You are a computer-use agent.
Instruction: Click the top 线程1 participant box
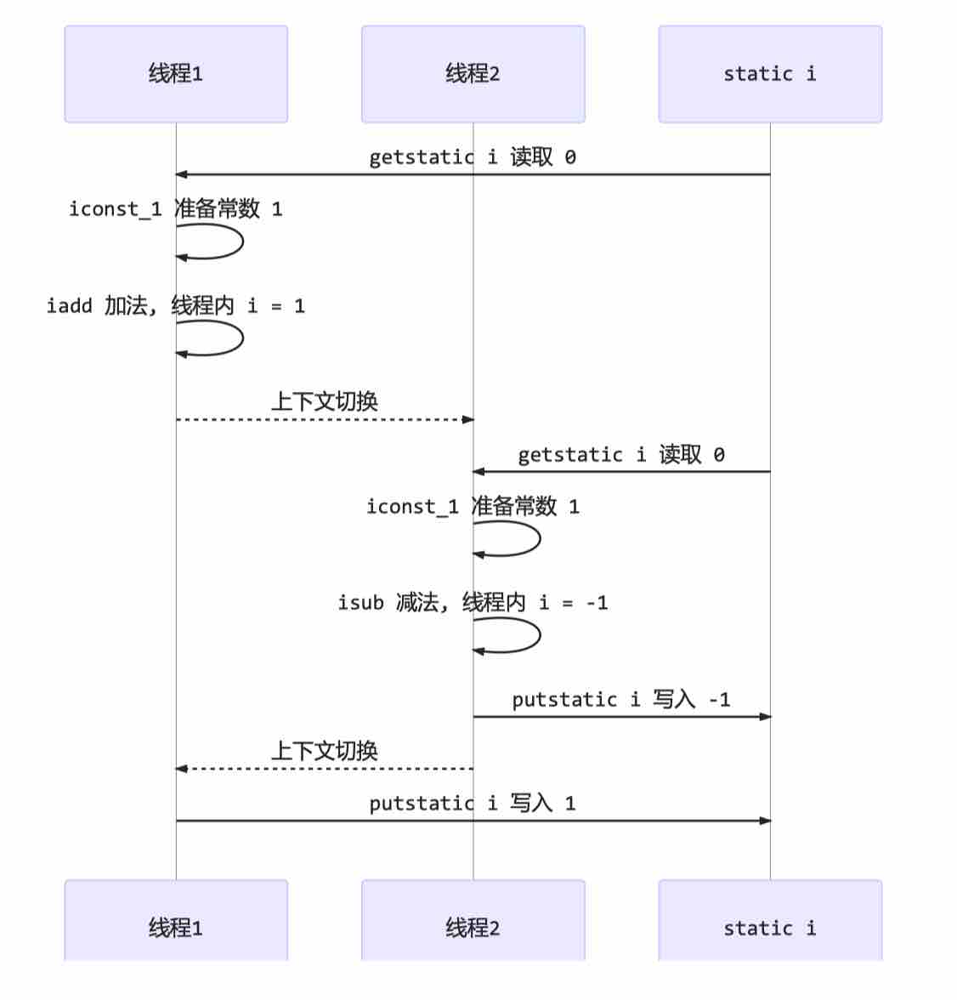click(176, 74)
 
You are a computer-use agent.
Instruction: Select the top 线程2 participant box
click(473, 74)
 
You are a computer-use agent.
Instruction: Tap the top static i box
click(770, 74)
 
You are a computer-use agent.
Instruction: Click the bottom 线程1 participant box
click(176, 920)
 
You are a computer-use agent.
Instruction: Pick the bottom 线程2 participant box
click(473, 920)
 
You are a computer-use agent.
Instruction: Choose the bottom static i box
click(770, 920)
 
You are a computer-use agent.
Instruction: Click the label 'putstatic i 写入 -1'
click(621, 700)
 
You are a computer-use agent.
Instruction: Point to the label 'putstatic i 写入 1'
click(473, 803)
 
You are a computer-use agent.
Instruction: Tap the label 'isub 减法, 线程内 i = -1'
click(473, 603)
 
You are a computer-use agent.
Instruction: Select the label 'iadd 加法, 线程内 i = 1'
click(175, 306)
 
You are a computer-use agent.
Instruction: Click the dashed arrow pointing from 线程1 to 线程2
click(325, 420)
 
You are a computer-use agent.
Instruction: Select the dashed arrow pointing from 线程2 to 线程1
click(325, 769)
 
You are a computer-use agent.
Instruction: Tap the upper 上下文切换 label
click(325, 401)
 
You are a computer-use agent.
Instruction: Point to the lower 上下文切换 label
click(325, 751)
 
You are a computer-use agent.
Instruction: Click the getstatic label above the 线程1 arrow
click(473, 156)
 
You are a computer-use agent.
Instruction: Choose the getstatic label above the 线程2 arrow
click(621, 455)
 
